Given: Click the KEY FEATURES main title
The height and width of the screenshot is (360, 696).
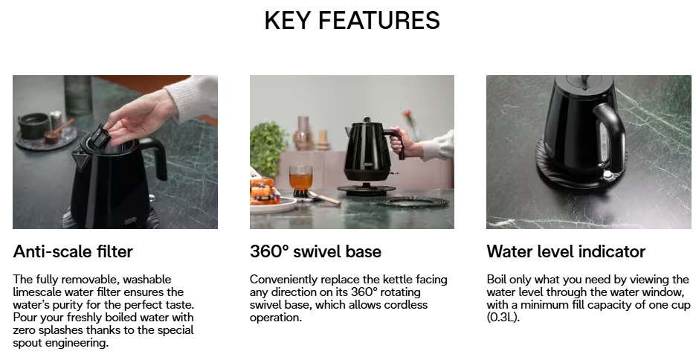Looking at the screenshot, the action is click(x=352, y=20).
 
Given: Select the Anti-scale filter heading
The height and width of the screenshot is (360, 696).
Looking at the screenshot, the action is click(x=73, y=251).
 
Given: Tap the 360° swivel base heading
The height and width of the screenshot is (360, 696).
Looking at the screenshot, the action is click(x=315, y=251).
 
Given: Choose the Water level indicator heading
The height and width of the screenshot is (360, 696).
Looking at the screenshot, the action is click(x=566, y=251).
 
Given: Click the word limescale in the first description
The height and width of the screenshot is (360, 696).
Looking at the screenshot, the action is click(x=37, y=292).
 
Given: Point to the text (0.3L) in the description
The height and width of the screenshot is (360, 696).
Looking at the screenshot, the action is click(x=503, y=318).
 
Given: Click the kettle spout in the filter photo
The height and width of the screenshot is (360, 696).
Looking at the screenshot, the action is click(x=80, y=157).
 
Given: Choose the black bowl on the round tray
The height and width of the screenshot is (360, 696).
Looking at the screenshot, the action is click(x=33, y=125).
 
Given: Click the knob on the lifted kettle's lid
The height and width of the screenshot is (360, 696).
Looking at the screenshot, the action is click(x=367, y=120).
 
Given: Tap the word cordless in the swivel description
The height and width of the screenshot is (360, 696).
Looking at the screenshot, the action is click(x=406, y=305).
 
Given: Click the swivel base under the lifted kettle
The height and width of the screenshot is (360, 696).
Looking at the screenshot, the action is click(x=366, y=189).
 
